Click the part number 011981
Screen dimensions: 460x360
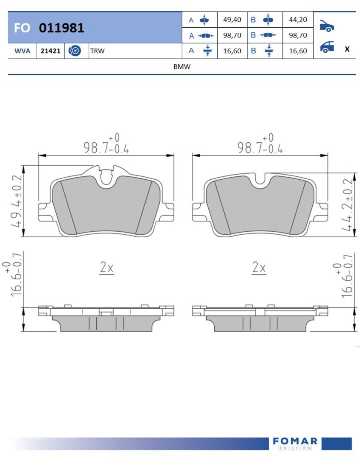pyautogui.click(x=62, y=28)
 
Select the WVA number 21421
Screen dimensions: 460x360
pyautogui.click(x=50, y=51)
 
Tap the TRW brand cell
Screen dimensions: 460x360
pyautogui.click(x=97, y=51)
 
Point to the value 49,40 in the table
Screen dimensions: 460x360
pyautogui.click(x=232, y=20)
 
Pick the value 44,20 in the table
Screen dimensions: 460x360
pyautogui.click(x=298, y=20)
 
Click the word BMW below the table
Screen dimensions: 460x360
pyautogui.click(x=182, y=66)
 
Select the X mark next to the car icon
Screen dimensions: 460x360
pyautogui.click(x=347, y=49)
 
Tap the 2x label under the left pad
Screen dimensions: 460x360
pyautogui.click(x=107, y=268)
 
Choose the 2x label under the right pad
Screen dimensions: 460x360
pyautogui.click(x=259, y=268)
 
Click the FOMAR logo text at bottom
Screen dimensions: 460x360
pyautogui.click(x=295, y=441)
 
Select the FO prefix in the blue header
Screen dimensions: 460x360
pyautogui.click(x=22, y=28)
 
